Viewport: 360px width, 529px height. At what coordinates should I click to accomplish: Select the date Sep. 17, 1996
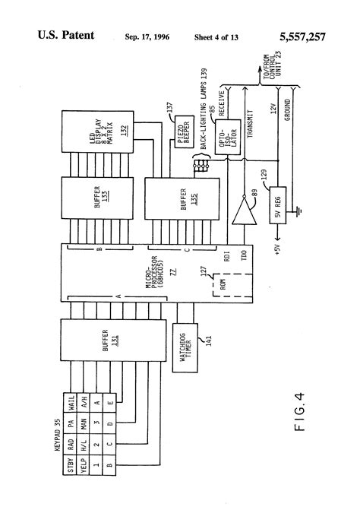pos(148,37)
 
